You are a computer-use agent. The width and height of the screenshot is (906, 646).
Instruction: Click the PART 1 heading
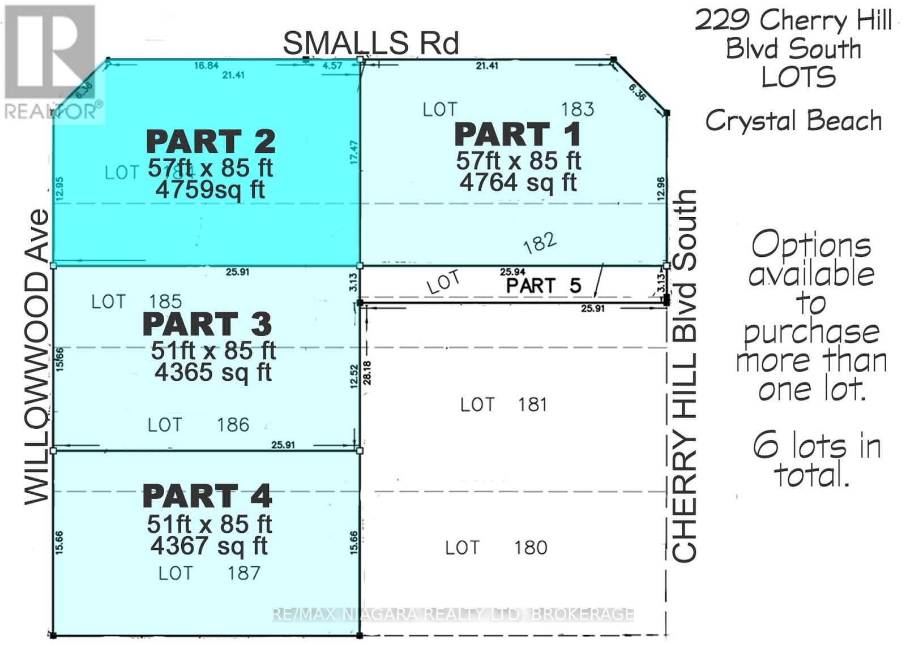(518, 135)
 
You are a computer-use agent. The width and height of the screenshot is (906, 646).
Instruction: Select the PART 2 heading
(211, 141)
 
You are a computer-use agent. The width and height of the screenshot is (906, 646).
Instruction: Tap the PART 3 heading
(207, 324)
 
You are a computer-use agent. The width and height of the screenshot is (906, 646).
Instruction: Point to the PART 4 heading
(207, 496)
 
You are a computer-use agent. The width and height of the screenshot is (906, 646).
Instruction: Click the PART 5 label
(543, 286)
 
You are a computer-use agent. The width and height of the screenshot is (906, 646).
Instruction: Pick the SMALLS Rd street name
(371, 43)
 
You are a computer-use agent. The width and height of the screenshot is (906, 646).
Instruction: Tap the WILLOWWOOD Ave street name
(37, 357)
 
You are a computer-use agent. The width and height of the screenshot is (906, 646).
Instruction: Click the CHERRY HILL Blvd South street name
(684, 376)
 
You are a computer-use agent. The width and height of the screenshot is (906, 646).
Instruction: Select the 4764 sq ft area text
(518, 183)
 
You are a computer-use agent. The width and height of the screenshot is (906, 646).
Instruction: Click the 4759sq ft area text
(210, 190)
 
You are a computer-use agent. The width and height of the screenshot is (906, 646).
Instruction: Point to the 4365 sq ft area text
(213, 372)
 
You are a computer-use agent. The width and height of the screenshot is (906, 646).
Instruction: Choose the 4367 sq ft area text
(209, 545)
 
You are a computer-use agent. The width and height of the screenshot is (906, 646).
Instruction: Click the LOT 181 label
(503, 404)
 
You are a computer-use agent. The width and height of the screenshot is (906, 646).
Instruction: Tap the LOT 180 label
(496, 548)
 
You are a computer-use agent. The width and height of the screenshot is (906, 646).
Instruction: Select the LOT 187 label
(209, 573)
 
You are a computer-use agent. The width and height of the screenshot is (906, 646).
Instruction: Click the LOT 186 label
(198, 424)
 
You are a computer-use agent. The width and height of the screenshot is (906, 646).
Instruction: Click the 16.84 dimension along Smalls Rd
(206, 66)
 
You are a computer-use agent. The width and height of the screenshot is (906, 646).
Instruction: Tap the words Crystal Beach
(793, 120)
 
